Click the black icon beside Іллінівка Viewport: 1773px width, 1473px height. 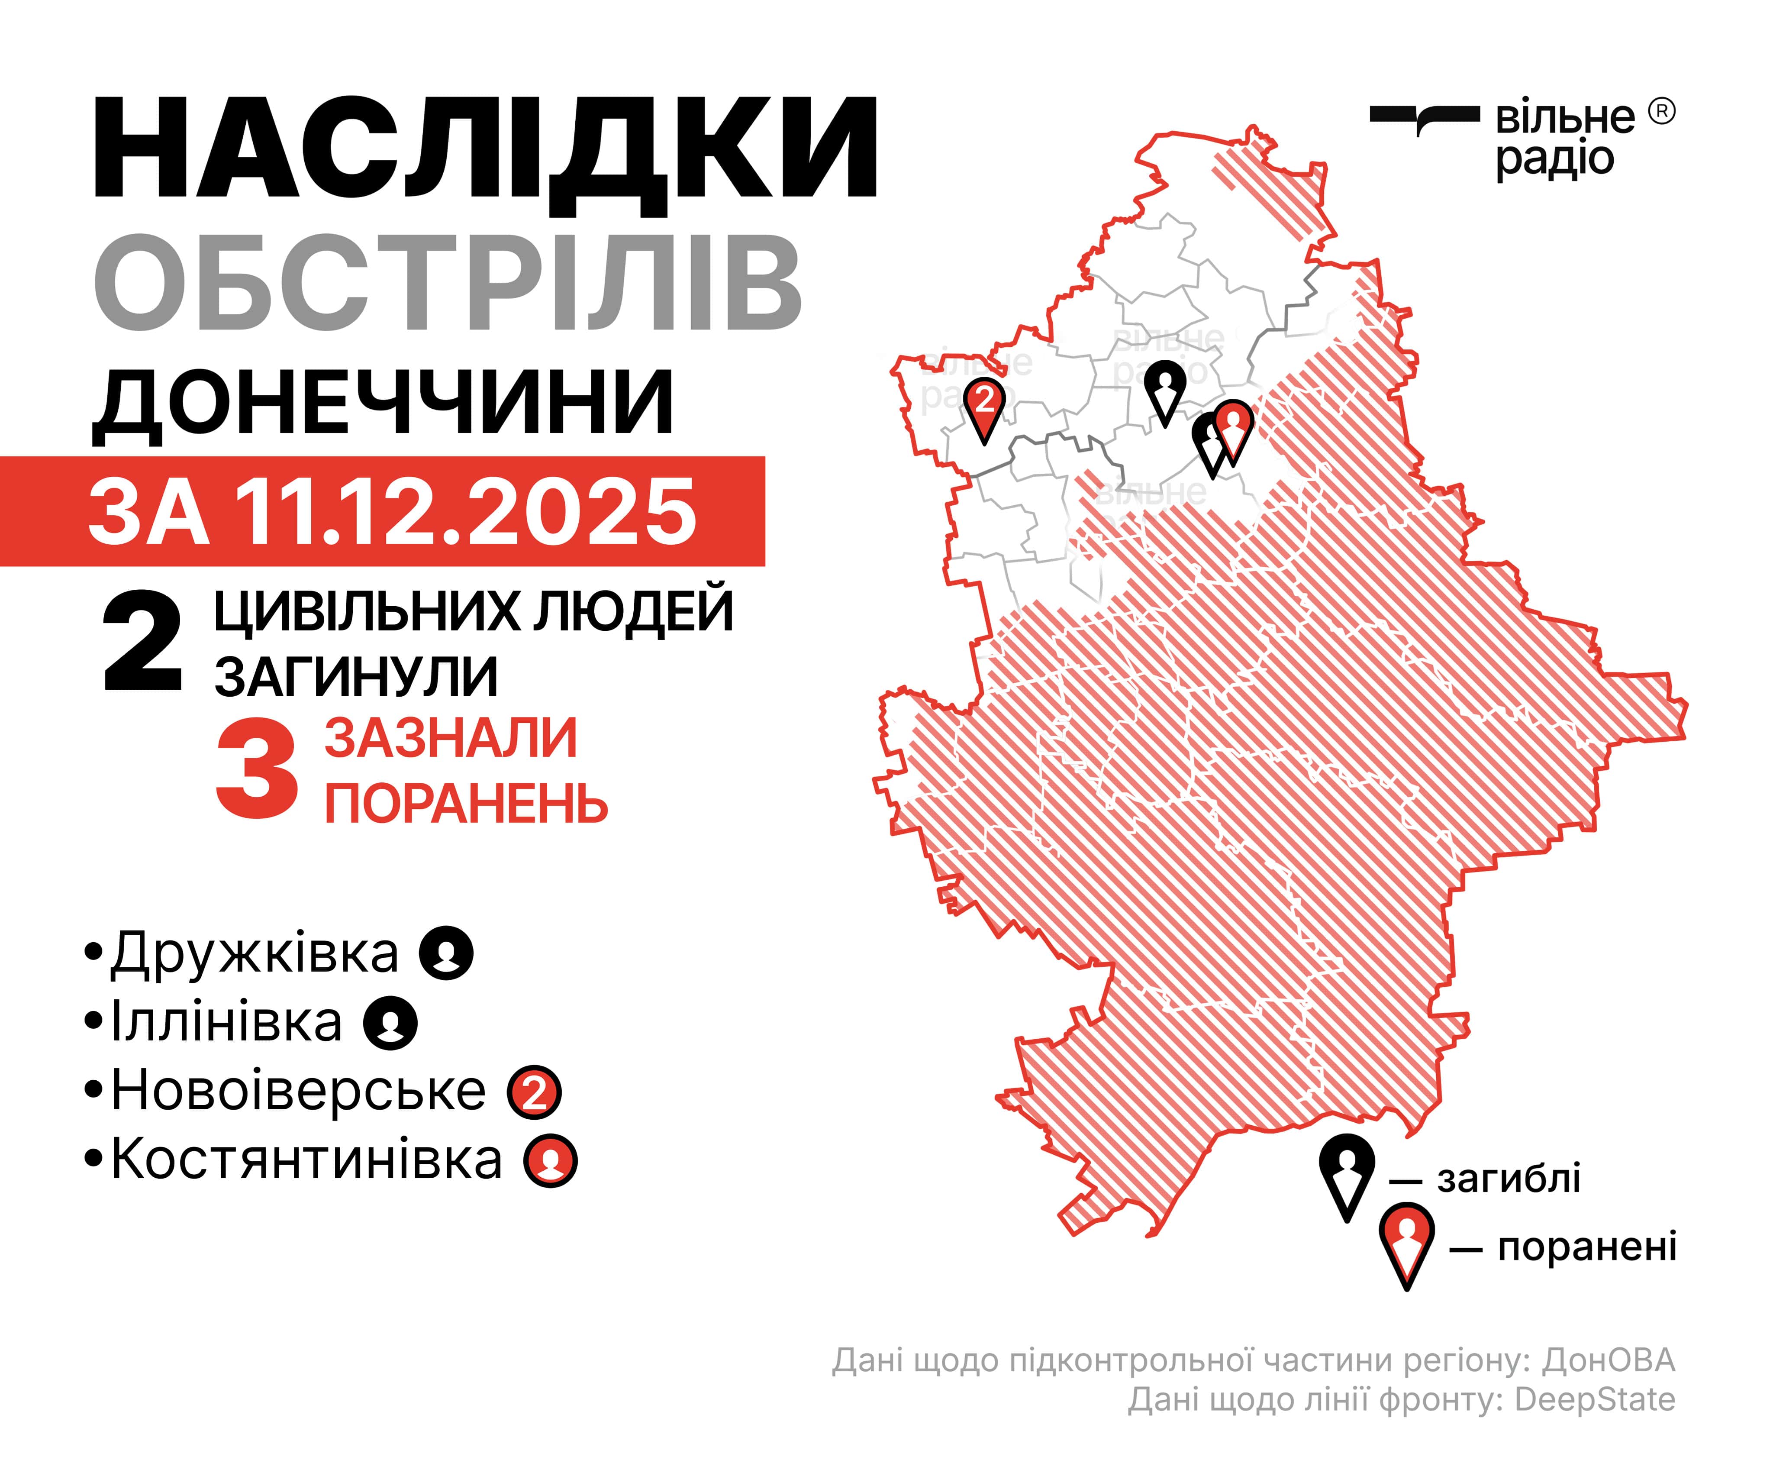tap(390, 1023)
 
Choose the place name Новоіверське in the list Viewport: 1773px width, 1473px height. tap(299, 1090)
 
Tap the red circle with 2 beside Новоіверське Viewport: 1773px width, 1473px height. tap(535, 1092)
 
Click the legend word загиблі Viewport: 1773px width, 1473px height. tap(1509, 1178)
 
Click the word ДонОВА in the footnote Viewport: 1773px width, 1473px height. tap(1609, 1361)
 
